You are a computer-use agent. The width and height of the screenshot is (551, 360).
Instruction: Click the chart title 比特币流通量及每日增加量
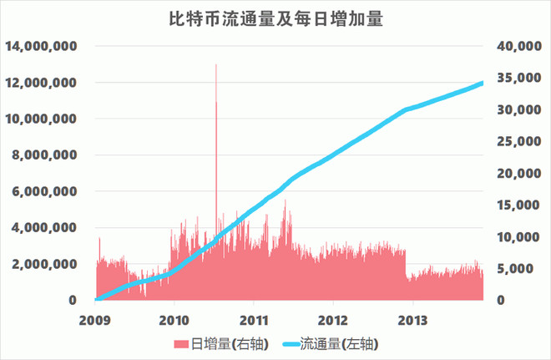pyautogui.click(x=275, y=19)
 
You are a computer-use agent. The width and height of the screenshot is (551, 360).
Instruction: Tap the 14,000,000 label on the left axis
pyautogui.click(x=41, y=46)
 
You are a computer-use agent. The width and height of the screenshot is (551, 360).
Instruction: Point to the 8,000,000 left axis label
pyautogui.click(x=44, y=155)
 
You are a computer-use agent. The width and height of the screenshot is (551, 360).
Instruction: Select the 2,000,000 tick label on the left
pyautogui.click(x=44, y=264)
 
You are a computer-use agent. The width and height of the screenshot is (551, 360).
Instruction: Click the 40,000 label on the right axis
pyautogui.click(x=519, y=46)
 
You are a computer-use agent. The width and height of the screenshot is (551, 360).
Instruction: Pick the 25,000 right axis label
pyautogui.click(x=519, y=141)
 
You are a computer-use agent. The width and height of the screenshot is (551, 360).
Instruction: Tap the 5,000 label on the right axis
pyautogui.click(x=516, y=269)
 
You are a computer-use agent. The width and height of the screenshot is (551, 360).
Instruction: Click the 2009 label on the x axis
pyautogui.click(x=95, y=320)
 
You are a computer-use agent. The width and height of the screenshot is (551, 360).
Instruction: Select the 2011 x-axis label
pyautogui.click(x=254, y=320)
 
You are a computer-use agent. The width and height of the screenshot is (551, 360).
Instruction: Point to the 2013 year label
pyautogui.click(x=412, y=320)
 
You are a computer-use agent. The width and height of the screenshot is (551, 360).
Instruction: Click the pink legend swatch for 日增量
pyautogui.click(x=181, y=344)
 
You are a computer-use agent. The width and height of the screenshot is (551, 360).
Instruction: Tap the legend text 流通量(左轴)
pyautogui.click(x=339, y=344)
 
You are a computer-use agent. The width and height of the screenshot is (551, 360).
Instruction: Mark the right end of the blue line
pyautogui.click(x=483, y=84)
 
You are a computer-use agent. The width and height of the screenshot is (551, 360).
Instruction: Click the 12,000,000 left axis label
pyautogui.click(x=41, y=83)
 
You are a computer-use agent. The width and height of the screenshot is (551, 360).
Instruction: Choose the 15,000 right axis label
pyautogui.click(x=518, y=205)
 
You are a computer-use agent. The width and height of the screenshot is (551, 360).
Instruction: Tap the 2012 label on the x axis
pyautogui.click(x=333, y=320)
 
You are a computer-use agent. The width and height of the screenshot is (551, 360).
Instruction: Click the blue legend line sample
pyautogui.click(x=291, y=344)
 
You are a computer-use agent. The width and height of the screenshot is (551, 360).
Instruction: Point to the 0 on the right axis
pyautogui.click(x=500, y=300)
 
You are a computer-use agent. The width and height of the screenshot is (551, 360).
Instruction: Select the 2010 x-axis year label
pyautogui.click(x=174, y=320)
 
